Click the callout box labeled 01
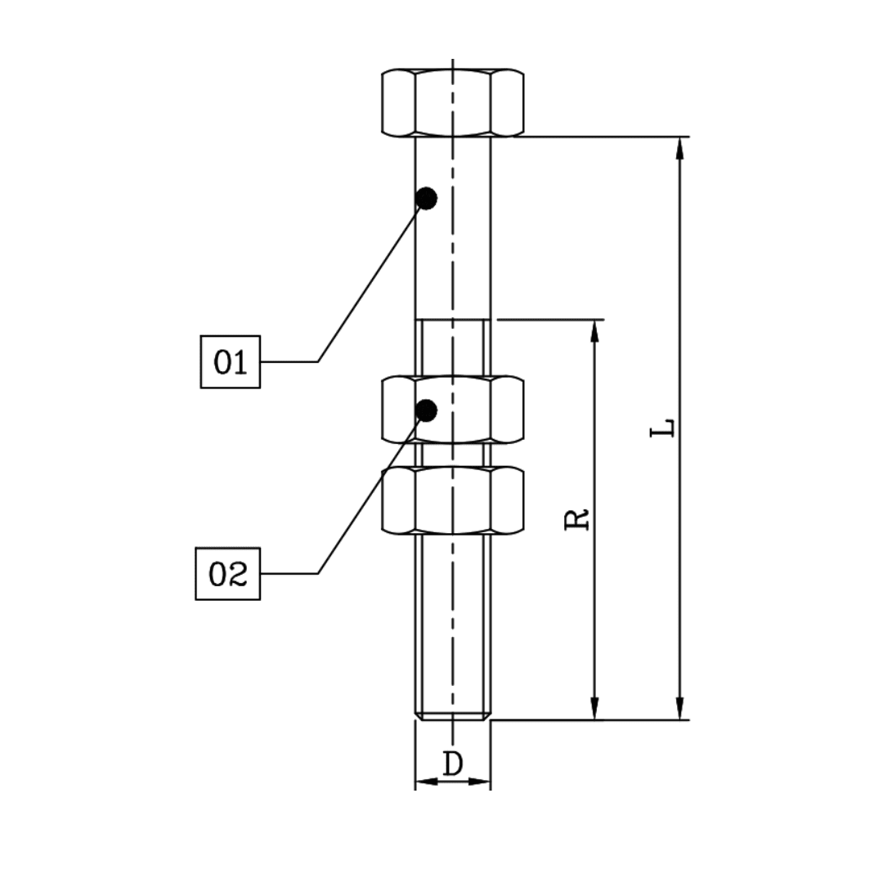pyautogui.click(x=231, y=361)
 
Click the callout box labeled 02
pyautogui.click(x=228, y=574)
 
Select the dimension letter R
pyautogui.click(x=578, y=519)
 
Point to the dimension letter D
pyautogui.click(x=453, y=764)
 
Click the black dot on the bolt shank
pyautogui.click(x=426, y=198)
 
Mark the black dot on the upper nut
pyautogui.click(x=426, y=410)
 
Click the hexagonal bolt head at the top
pyautogui.click(x=453, y=102)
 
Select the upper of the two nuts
pyautogui.click(x=453, y=410)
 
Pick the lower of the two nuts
pyautogui.click(x=453, y=500)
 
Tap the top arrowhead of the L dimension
pyautogui.click(x=679, y=147)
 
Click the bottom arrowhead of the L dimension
pyautogui.click(x=679, y=710)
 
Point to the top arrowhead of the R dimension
pyautogui.click(x=595, y=330)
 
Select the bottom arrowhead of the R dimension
pyautogui.click(x=595, y=710)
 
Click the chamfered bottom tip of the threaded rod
pyautogui.click(x=453, y=716)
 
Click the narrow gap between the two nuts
pyautogui.click(x=453, y=455)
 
